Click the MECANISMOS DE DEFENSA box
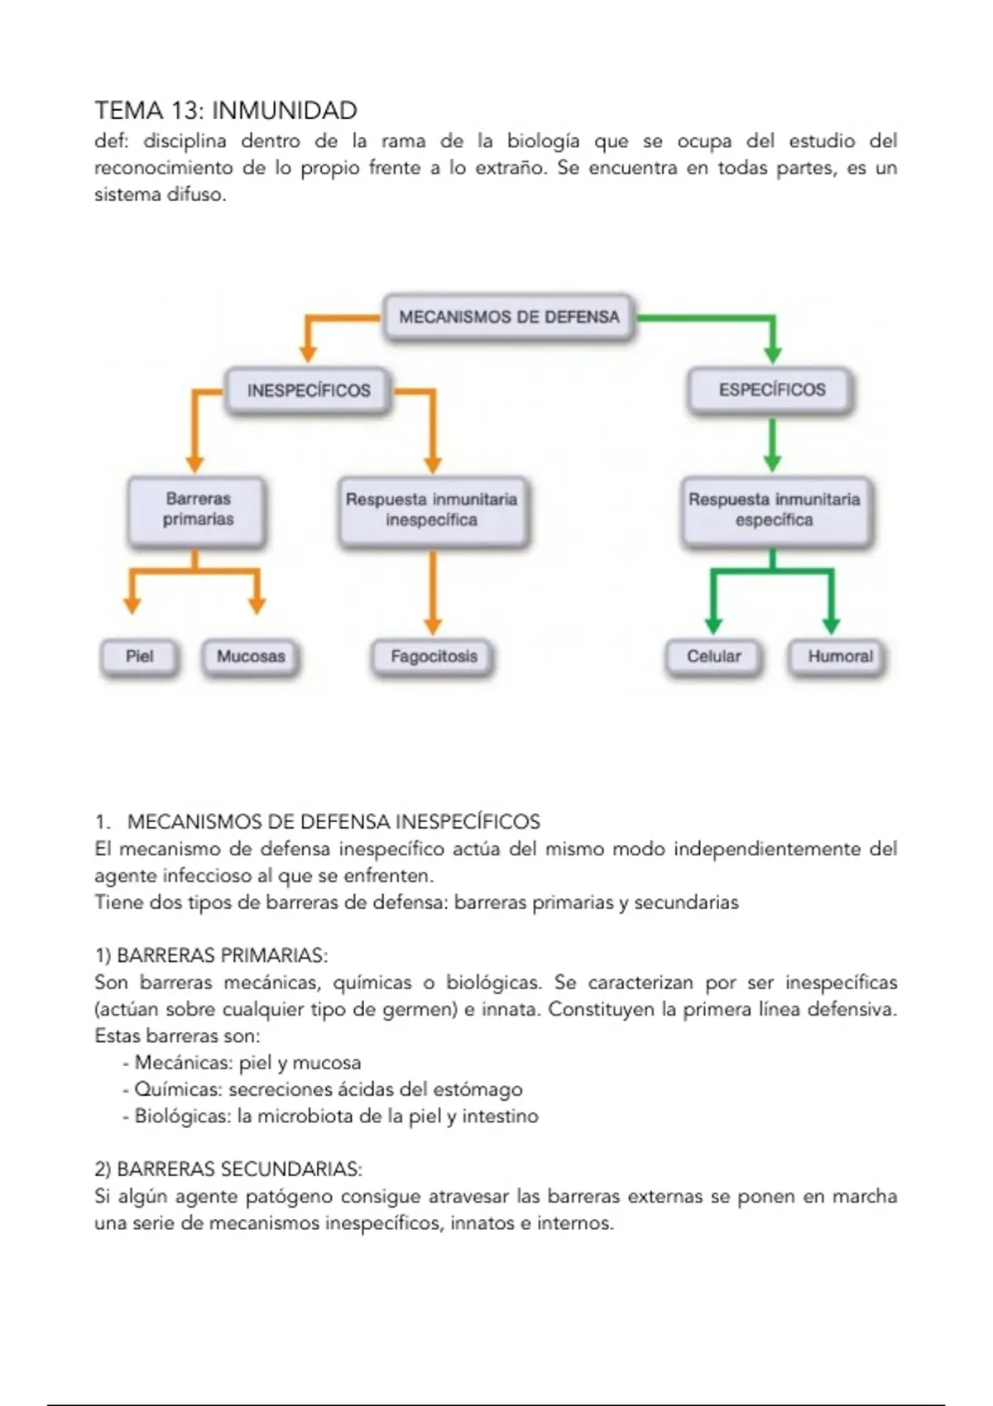(x=509, y=317)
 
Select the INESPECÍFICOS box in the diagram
(x=309, y=390)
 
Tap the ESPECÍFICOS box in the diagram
(x=771, y=390)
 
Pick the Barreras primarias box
(x=198, y=509)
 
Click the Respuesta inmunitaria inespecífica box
(x=431, y=509)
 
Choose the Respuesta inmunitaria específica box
(x=774, y=509)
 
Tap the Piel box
(x=139, y=657)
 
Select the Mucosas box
(x=251, y=657)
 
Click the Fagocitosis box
(x=434, y=657)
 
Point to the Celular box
(x=713, y=657)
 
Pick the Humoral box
(x=840, y=657)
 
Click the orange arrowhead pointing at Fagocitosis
(x=432, y=625)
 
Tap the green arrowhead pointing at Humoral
(x=832, y=625)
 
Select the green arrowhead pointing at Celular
(x=713, y=625)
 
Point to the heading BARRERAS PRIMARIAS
(x=222, y=956)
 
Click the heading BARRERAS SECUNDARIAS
(x=239, y=1169)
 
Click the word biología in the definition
(x=543, y=141)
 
